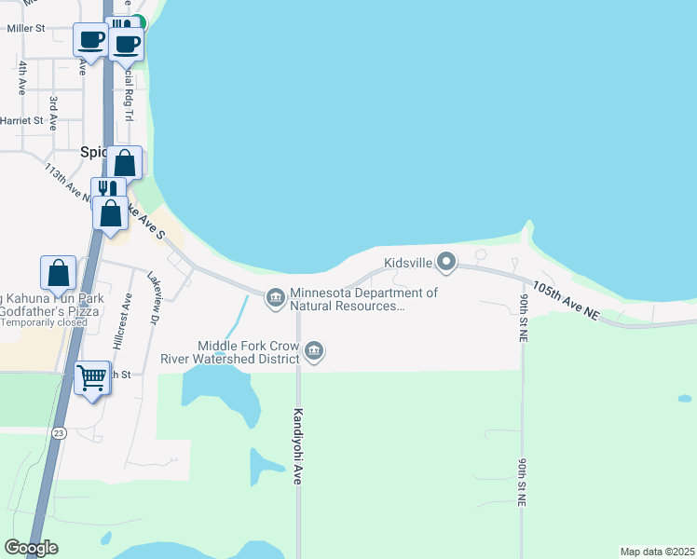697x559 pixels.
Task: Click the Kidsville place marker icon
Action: (x=446, y=263)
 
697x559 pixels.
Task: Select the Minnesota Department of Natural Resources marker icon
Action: (x=275, y=297)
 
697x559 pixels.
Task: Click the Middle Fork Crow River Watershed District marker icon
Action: (x=314, y=350)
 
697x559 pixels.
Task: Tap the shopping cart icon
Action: (x=91, y=378)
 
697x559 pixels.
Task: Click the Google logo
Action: (x=31, y=548)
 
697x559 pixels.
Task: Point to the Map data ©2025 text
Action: (x=657, y=552)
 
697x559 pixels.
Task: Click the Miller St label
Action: (x=26, y=29)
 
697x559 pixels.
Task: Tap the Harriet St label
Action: (x=24, y=120)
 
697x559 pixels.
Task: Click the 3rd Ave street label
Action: (x=53, y=109)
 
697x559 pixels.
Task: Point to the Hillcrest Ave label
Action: (x=121, y=321)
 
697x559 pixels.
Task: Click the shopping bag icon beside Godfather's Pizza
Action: (x=59, y=273)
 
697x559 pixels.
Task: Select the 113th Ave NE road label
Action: (x=67, y=181)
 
